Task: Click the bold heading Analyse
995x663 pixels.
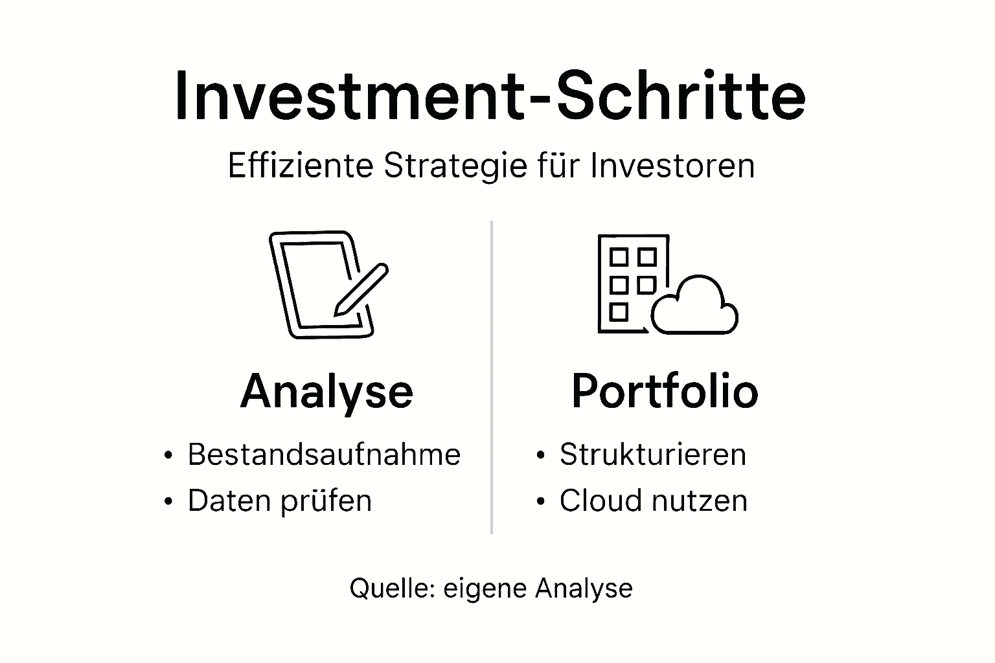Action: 326,391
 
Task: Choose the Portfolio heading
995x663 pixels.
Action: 665,391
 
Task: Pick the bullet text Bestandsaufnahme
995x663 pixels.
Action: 324,455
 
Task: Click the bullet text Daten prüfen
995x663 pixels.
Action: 280,501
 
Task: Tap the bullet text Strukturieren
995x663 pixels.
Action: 653,455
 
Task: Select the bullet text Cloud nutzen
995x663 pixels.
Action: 654,501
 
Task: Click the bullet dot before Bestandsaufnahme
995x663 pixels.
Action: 169,455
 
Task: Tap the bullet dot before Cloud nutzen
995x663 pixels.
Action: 541,502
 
